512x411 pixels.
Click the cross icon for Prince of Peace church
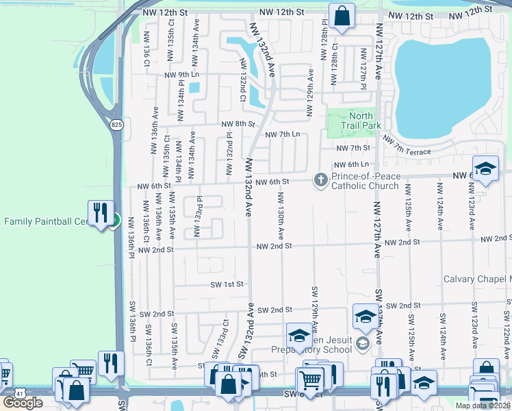(320, 180)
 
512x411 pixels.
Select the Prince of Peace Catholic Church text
(366, 182)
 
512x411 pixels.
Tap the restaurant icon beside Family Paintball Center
(102, 211)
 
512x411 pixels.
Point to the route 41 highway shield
(21, 394)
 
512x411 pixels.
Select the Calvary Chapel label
(477, 279)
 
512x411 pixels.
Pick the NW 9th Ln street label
(181, 75)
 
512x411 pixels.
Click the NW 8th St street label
(238, 124)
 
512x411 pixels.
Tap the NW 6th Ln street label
(350, 164)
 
